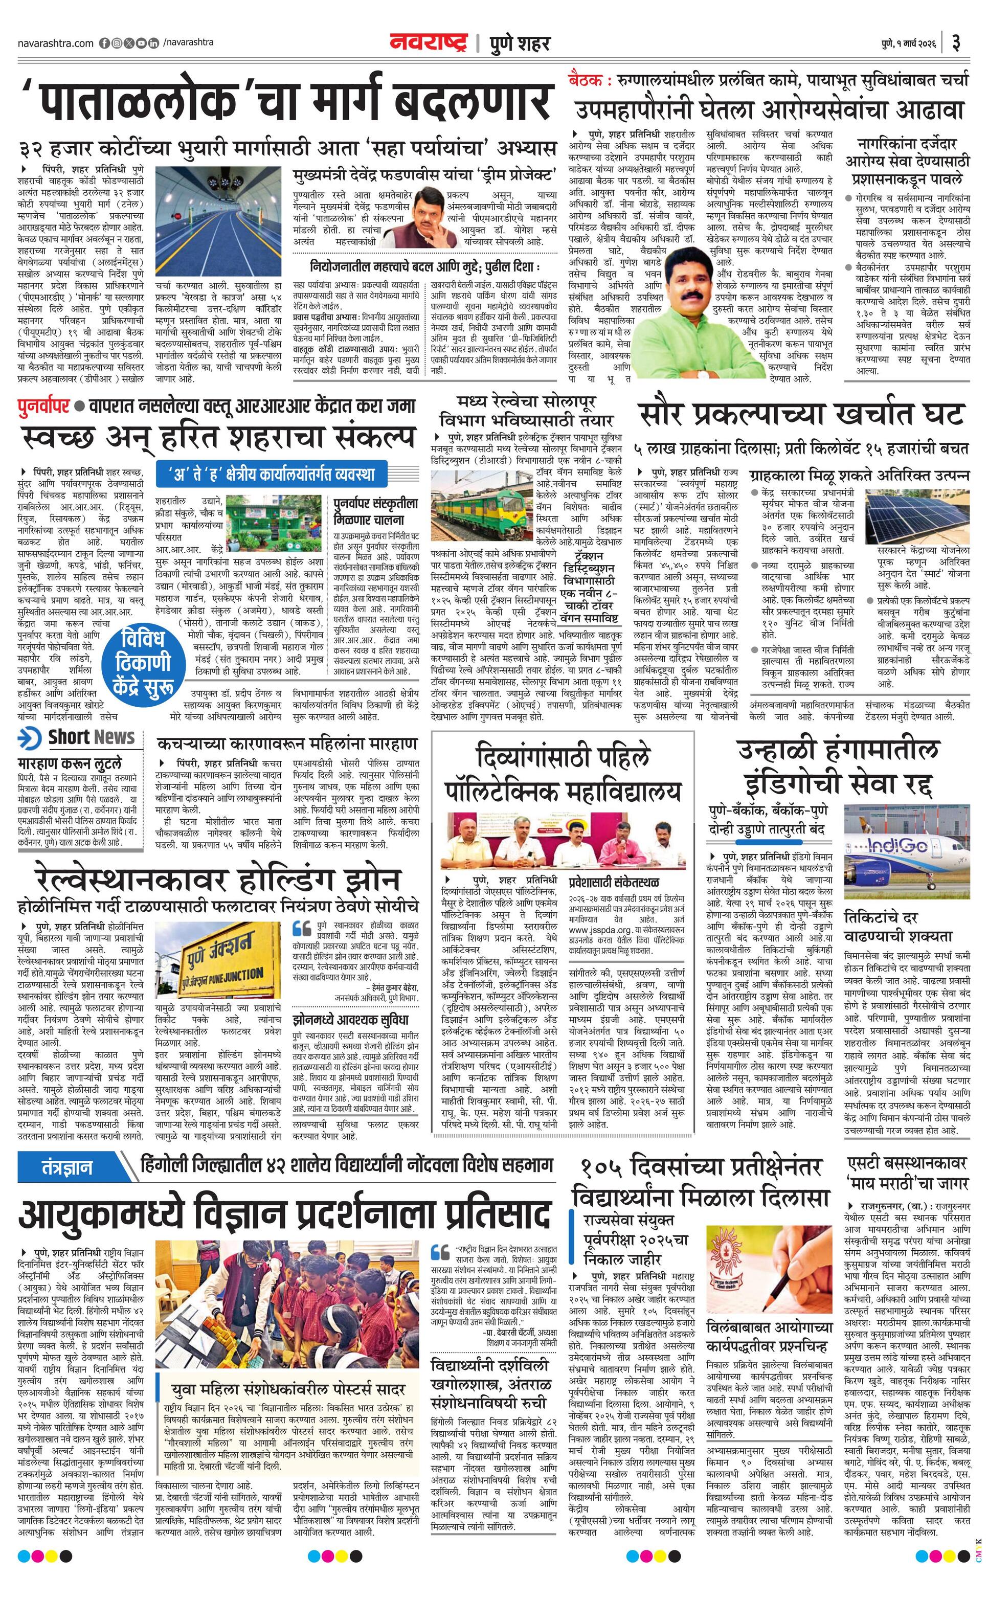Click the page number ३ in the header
[956, 43]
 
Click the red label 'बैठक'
[589, 80]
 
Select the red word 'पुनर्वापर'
[43, 405]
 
